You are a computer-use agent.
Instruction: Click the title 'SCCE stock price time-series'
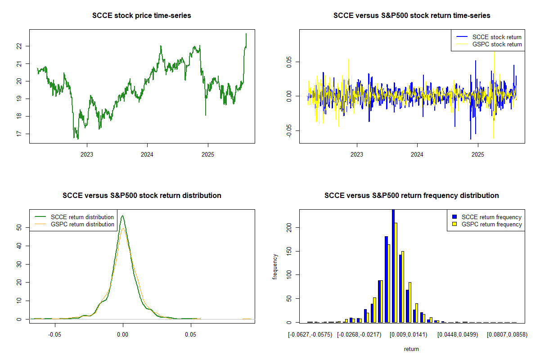(x=141, y=16)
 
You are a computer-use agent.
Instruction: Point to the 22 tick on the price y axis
(x=22, y=46)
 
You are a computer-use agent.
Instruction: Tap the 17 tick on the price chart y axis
(x=22, y=134)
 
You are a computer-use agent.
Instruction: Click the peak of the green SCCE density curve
(x=122, y=216)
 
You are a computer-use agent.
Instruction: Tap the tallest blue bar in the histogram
(x=393, y=265)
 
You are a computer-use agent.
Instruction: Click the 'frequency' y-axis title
(x=275, y=267)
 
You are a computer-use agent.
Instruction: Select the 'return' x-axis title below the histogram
(x=411, y=349)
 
